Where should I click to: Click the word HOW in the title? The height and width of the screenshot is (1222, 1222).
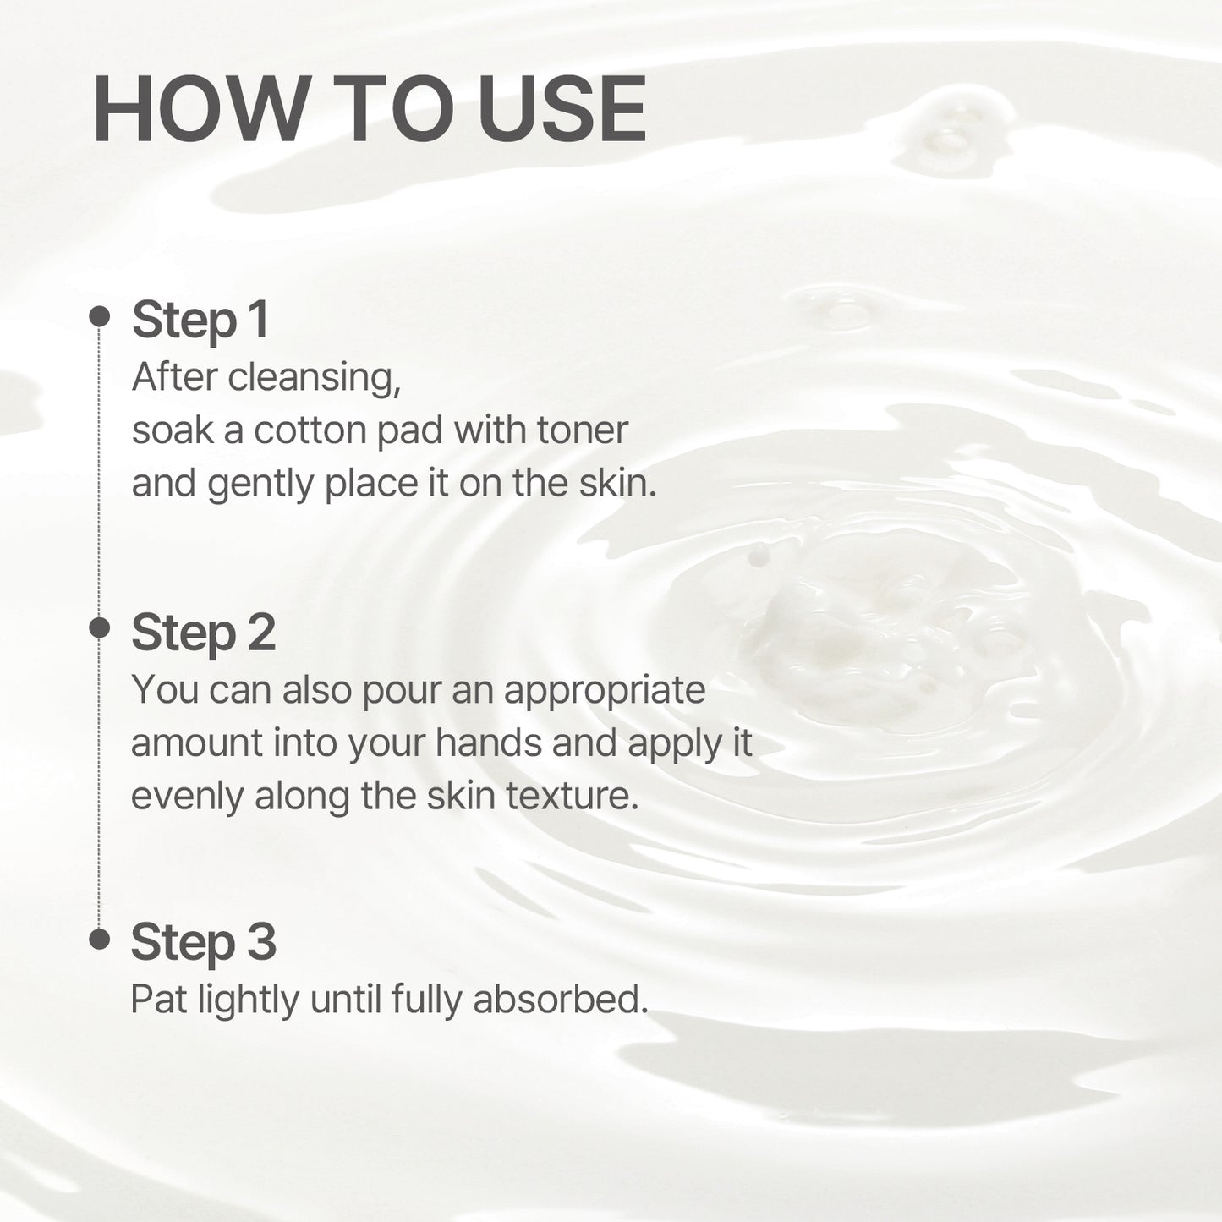(x=200, y=111)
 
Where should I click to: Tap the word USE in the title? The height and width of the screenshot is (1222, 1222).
(x=562, y=111)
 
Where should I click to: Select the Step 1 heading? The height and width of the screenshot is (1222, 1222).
(x=200, y=321)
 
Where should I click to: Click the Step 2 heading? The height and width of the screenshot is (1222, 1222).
(x=203, y=633)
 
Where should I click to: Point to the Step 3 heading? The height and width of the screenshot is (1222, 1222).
(x=203, y=942)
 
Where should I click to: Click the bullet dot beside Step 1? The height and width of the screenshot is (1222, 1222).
(x=100, y=316)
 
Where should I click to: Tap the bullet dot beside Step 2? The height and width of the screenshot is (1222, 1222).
(x=100, y=627)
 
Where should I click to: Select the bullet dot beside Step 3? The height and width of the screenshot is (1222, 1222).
(x=100, y=939)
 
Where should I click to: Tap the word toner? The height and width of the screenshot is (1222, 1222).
(x=583, y=430)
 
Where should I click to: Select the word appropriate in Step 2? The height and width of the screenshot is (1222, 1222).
(x=604, y=691)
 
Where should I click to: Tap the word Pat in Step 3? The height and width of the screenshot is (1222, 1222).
(x=158, y=1000)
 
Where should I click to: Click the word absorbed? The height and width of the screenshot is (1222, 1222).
(x=560, y=1000)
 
